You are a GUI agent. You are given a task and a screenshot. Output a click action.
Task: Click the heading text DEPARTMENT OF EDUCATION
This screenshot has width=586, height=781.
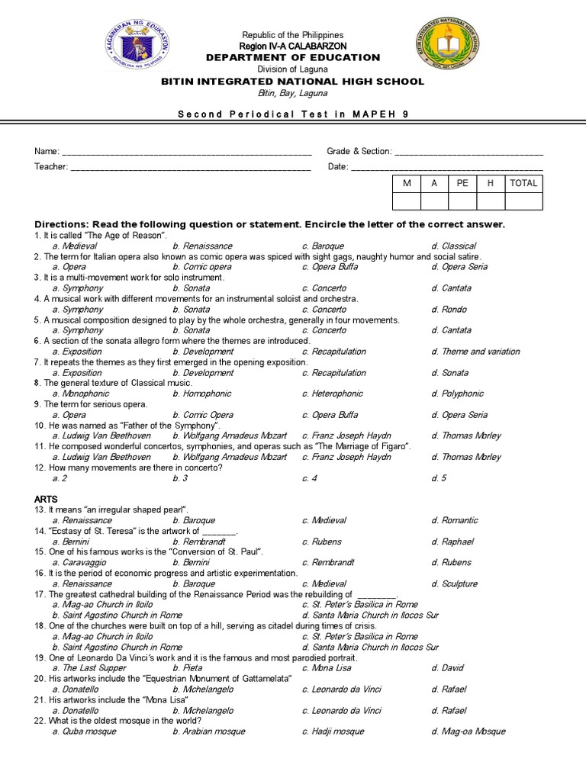click(293, 57)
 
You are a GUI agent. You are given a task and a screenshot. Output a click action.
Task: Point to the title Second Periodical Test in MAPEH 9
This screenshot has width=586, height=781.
click(293, 114)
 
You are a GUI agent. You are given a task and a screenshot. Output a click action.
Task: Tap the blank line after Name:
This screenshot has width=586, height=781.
click(186, 152)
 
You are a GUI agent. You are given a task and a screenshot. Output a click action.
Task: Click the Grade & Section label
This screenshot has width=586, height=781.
click(359, 152)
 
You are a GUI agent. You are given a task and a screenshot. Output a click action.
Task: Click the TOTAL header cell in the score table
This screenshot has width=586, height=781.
click(523, 183)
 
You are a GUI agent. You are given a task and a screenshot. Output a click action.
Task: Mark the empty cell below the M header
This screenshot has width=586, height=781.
click(406, 201)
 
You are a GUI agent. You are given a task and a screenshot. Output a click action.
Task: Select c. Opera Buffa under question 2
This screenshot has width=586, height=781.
click(330, 267)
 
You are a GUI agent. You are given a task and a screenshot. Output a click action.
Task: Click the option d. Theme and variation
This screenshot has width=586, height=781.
click(475, 352)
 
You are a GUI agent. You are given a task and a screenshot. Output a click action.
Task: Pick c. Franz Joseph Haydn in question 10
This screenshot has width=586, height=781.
click(346, 435)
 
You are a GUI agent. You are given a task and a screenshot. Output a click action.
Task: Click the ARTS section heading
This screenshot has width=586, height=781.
click(46, 499)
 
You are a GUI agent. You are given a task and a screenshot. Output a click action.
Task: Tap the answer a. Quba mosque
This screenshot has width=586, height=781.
click(84, 731)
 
